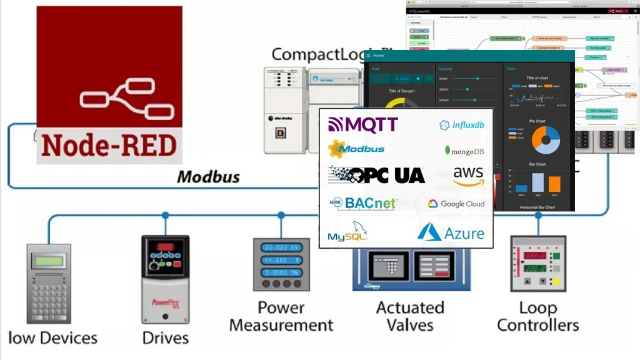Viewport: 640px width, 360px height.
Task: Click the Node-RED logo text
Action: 109,146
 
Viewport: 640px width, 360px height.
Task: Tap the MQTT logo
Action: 363,124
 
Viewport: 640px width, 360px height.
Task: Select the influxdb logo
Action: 462,125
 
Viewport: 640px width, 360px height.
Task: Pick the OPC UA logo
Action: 376,175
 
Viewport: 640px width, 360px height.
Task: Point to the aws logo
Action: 468,176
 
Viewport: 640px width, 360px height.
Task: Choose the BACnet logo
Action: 362,203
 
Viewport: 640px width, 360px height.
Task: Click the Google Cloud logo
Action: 456,204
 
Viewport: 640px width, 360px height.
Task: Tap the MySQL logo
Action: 347,232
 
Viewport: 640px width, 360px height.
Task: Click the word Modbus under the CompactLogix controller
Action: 208,177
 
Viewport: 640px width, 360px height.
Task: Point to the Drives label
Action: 166,338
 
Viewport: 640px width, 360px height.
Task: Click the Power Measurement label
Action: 281,316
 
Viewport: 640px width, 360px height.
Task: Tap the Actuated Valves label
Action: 410,316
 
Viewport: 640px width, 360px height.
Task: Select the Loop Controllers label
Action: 537,316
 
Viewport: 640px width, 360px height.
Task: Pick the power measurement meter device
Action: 281,263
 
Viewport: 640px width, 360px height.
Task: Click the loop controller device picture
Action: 538,263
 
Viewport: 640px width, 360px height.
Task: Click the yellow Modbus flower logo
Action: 337,149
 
